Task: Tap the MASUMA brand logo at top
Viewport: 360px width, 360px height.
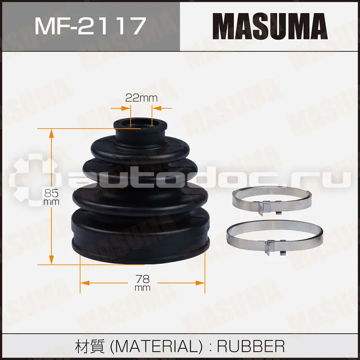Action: click(270, 26)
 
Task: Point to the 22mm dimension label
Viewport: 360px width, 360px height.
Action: click(141, 98)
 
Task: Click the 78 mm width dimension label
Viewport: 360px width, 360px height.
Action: click(142, 283)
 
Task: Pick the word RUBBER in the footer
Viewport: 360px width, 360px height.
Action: click(251, 346)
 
